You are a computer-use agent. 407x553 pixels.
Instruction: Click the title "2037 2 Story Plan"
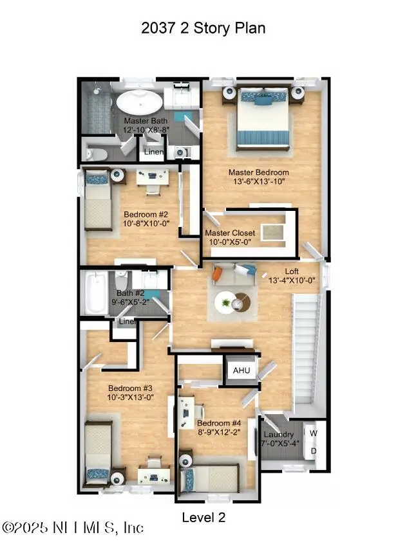tap(203, 29)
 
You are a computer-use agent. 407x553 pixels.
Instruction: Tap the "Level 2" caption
tap(203, 517)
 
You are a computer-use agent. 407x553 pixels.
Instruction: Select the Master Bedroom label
tap(259, 172)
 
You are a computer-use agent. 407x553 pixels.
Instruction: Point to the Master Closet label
tap(230, 233)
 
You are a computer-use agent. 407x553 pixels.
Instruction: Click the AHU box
tap(241, 371)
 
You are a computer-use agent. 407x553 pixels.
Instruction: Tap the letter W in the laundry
tap(314, 433)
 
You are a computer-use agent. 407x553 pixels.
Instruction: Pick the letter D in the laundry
tap(314, 450)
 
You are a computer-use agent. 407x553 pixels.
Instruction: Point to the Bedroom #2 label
tap(146, 215)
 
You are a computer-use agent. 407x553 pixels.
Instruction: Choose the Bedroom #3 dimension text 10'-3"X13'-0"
tap(130, 397)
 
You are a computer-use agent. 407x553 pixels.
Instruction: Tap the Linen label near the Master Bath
tap(153, 152)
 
